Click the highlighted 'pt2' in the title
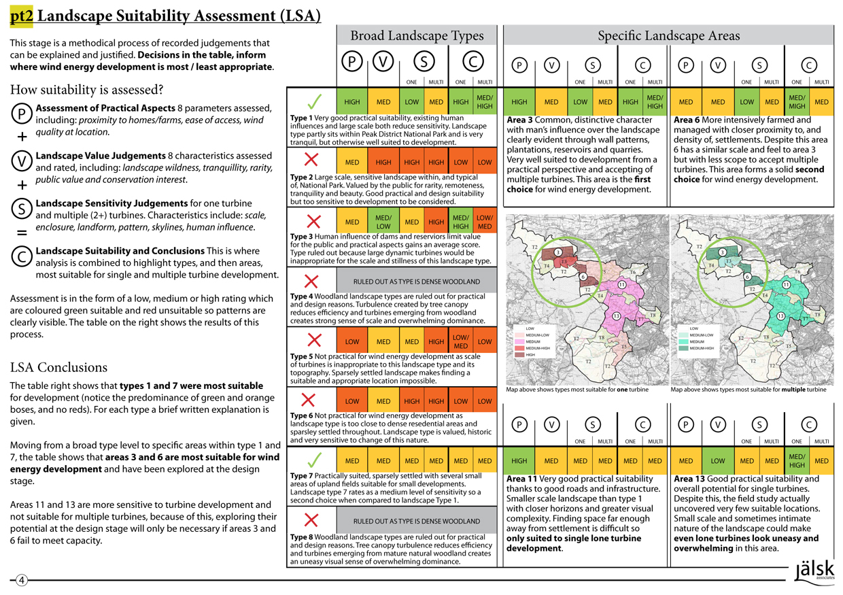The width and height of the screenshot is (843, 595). tap(22, 15)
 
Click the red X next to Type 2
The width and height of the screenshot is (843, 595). tap(311, 160)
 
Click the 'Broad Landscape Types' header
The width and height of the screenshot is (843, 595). tap(416, 36)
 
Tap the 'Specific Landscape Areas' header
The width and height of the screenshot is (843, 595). tap(668, 36)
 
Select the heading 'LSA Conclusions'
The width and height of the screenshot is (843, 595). tap(58, 368)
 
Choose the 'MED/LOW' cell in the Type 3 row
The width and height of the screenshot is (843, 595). tap(383, 222)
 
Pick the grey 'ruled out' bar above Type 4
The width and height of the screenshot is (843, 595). tap(416, 281)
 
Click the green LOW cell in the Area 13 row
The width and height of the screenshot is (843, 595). tap(718, 461)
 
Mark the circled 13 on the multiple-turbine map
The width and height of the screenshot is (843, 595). tap(781, 316)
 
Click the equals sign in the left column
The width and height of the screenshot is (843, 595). tap(20, 233)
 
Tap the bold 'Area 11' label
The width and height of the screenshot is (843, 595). tap(521, 479)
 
